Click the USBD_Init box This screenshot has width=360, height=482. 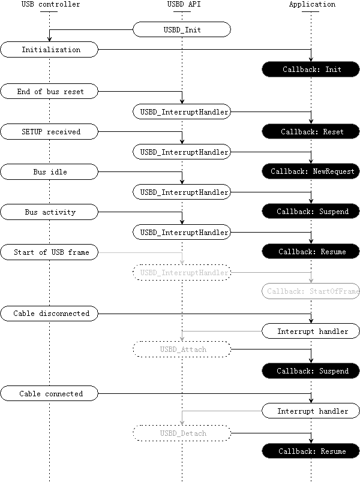(x=181, y=29)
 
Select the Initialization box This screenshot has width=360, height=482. (x=49, y=50)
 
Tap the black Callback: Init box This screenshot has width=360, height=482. (x=311, y=70)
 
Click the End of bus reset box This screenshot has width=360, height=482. (x=49, y=92)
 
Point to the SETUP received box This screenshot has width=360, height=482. (x=49, y=131)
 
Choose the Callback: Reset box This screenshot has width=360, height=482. (x=311, y=131)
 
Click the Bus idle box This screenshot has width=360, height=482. (x=49, y=172)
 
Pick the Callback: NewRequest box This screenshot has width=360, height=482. (x=311, y=171)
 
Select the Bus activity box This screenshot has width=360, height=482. (x=49, y=212)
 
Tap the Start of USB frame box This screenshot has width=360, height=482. (x=49, y=252)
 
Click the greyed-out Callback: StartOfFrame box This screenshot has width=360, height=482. (x=311, y=292)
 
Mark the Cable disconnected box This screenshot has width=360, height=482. (x=49, y=313)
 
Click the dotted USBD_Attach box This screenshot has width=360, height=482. (x=181, y=349)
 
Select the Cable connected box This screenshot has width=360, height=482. (x=49, y=394)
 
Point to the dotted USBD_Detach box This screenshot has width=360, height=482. (x=181, y=433)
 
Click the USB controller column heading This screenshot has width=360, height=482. (x=49, y=5)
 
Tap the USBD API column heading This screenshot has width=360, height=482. (x=181, y=5)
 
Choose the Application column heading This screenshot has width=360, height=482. (x=311, y=5)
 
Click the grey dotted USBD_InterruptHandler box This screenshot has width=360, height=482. (x=181, y=273)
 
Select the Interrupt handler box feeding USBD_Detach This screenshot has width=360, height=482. (x=311, y=411)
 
